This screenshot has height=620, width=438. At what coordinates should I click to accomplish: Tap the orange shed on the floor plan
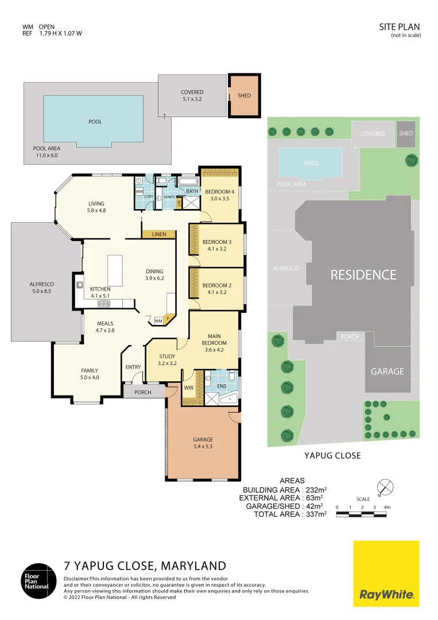coord(245,96)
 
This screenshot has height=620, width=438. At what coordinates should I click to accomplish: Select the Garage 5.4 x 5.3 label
coord(203,443)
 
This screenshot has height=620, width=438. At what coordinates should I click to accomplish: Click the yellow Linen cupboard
coord(159,234)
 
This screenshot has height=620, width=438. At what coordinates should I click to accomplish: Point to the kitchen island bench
coord(114,270)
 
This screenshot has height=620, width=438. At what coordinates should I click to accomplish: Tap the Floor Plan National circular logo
coord(36,580)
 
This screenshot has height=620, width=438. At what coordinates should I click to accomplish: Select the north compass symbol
coord(386,488)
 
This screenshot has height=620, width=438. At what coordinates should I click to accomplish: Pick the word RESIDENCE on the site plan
coord(363,275)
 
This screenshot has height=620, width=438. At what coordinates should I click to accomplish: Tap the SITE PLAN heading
coord(400,27)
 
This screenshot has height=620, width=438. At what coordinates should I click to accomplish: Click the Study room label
coord(167,359)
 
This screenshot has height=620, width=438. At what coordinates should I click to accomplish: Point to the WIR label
coord(188,387)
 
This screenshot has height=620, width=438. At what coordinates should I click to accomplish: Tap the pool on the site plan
coord(311,163)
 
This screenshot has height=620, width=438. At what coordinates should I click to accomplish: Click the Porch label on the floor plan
coord(142,393)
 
